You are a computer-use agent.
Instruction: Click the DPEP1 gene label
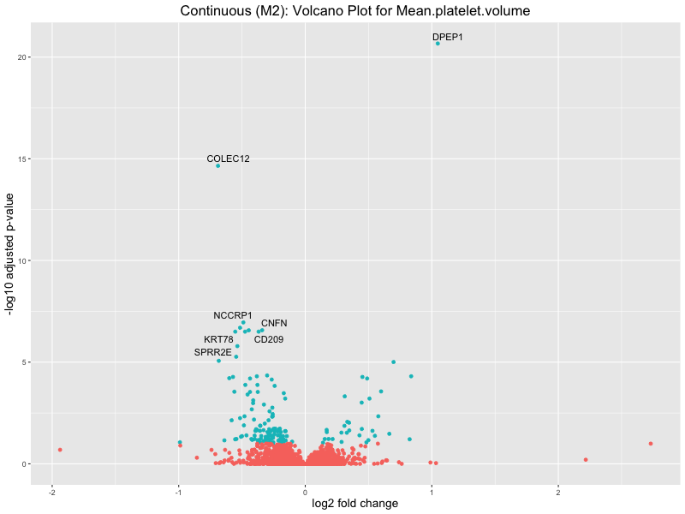pyautogui.click(x=447, y=38)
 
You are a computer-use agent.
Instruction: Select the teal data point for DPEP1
pyautogui.click(x=438, y=43)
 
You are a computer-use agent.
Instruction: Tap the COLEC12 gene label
pyautogui.click(x=229, y=158)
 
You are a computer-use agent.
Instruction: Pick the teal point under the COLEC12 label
pyautogui.click(x=218, y=165)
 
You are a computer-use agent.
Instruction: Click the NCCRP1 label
pyautogui.click(x=233, y=315)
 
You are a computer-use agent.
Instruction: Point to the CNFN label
pyautogui.click(x=274, y=323)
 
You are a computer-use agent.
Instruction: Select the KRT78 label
pyautogui.click(x=218, y=339)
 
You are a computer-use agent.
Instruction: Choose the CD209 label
pyautogui.click(x=269, y=339)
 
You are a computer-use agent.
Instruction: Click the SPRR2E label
pyautogui.click(x=213, y=352)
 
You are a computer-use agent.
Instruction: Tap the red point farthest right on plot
pyautogui.click(x=651, y=444)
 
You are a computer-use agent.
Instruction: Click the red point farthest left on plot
pyautogui.click(x=60, y=450)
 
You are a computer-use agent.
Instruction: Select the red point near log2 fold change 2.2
pyautogui.click(x=586, y=460)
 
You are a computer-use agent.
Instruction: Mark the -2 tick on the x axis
pyautogui.click(x=52, y=493)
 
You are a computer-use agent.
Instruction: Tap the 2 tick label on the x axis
pyautogui.click(x=558, y=493)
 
